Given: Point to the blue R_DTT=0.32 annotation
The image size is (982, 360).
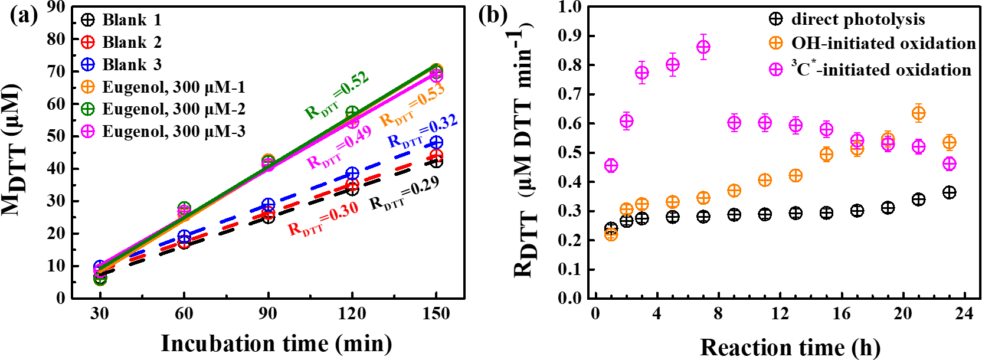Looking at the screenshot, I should (423, 133).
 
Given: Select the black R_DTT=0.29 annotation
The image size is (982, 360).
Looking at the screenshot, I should (405, 195).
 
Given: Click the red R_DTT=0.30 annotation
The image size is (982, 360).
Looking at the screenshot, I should (323, 220).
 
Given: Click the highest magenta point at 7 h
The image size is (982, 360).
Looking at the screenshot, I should (703, 47).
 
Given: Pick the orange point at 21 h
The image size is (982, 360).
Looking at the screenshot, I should (918, 113).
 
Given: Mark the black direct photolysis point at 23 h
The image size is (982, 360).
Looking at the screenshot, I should (949, 192).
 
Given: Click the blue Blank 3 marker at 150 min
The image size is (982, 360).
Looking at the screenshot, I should (436, 143).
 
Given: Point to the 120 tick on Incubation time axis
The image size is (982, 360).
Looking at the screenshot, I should (352, 313).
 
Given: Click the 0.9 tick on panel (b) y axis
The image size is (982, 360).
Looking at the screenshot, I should (569, 36).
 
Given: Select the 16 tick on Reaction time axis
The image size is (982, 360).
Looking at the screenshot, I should (841, 313).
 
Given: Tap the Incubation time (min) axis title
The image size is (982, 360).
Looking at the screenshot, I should (276, 343).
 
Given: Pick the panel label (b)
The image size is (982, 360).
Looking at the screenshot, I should (493, 15).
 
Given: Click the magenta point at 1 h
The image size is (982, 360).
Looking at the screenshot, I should (611, 165).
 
